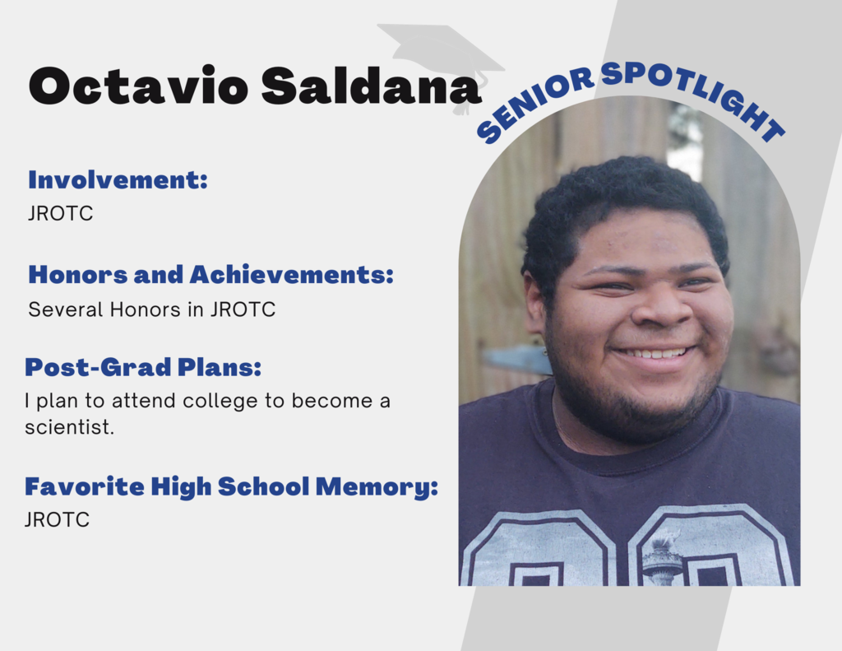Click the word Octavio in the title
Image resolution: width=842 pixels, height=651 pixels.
tap(138, 86)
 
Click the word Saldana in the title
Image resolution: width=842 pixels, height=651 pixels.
tap(371, 86)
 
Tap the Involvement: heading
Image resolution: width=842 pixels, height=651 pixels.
tap(118, 179)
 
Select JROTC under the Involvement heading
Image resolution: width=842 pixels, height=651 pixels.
tap(60, 213)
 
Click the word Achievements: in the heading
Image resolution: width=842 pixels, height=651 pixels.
tap(292, 274)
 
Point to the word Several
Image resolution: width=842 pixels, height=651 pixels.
tap(66, 309)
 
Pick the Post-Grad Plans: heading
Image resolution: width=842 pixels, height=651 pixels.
tap(143, 367)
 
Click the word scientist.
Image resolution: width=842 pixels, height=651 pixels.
tap(69, 427)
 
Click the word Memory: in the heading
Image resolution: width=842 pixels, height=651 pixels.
tap(377, 487)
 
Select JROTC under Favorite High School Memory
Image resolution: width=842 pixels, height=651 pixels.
tap(57, 520)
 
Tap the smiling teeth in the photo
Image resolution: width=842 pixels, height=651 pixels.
tap(652, 353)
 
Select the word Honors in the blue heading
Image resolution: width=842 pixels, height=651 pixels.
tap(77, 274)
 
